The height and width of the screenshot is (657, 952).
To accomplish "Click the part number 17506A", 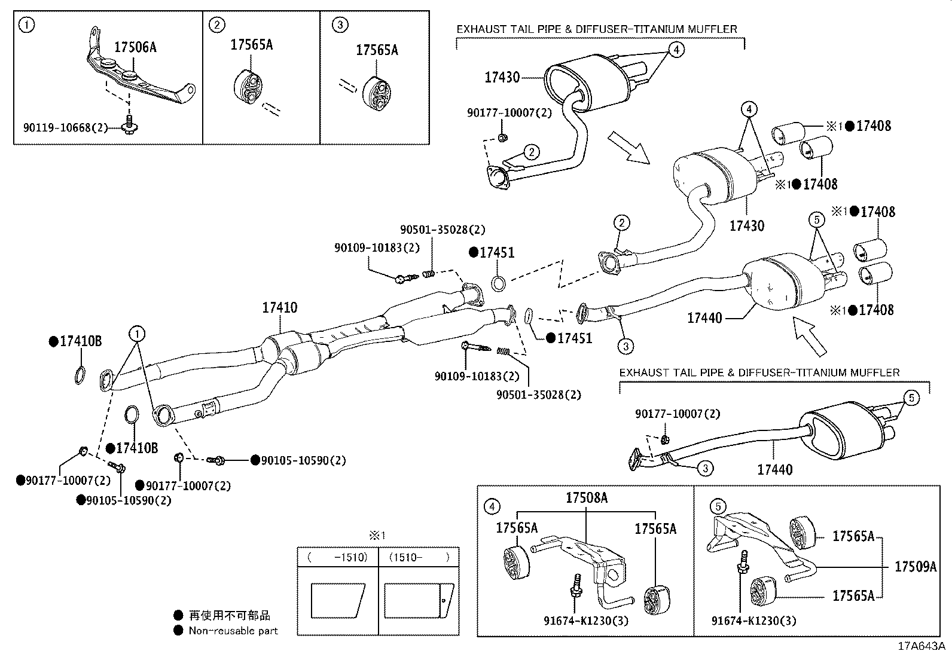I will pos(135,48).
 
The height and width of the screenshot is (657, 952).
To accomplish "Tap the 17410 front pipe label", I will pos(279,308).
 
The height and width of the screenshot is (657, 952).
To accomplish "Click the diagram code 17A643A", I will pos(921,646).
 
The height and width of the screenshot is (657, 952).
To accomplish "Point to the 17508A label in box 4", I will pos(587,498).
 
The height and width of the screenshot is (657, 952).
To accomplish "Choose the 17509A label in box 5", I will pos(915,567).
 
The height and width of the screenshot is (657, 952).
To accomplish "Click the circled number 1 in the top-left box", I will pos(26,25).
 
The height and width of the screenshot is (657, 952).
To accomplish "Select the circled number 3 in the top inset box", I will pos(340,25).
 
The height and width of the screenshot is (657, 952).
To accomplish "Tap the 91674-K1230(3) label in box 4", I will pos(587,621).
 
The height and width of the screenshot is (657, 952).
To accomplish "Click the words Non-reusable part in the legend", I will pos(233,630).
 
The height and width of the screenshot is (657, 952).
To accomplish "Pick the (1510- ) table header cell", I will pos(419,557).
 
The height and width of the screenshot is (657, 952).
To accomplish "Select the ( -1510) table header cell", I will pos(338,557).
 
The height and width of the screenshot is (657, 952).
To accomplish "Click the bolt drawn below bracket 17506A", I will pos(130,125).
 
